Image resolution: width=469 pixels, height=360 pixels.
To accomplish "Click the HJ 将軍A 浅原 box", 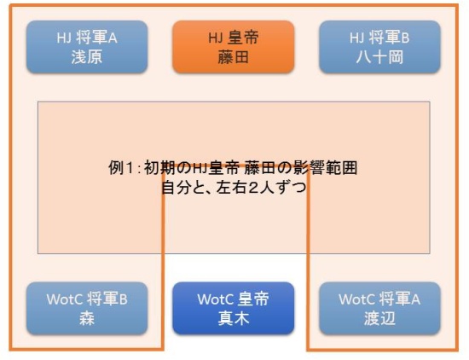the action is click(x=87, y=47).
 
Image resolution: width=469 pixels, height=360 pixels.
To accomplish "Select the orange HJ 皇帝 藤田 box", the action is click(x=234, y=47).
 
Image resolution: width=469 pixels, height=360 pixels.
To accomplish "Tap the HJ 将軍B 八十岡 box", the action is click(x=379, y=47).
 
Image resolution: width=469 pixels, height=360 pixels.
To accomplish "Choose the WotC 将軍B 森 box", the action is click(x=87, y=308).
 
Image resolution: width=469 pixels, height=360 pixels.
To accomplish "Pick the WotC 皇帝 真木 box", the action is click(x=234, y=308).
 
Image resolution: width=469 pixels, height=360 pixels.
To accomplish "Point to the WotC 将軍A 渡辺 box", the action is click(x=379, y=308).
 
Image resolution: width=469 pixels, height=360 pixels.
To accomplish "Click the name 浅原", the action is click(x=87, y=57).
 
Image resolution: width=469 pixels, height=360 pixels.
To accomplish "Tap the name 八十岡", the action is click(x=379, y=57).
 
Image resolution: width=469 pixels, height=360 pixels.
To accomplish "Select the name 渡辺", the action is click(x=379, y=318).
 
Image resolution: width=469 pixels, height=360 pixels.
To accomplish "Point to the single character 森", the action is click(x=87, y=318).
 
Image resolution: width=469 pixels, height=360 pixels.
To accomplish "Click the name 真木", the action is click(x=234, y=318).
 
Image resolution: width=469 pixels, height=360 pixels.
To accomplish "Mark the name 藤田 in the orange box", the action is click(x=234, y=57).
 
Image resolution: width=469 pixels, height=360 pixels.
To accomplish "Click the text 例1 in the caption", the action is click(x=120, y=167).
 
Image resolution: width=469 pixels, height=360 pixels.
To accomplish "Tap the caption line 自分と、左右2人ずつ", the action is click(x=234, y=188).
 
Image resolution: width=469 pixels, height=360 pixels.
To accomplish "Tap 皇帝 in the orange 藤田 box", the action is click(x=243, y=38).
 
